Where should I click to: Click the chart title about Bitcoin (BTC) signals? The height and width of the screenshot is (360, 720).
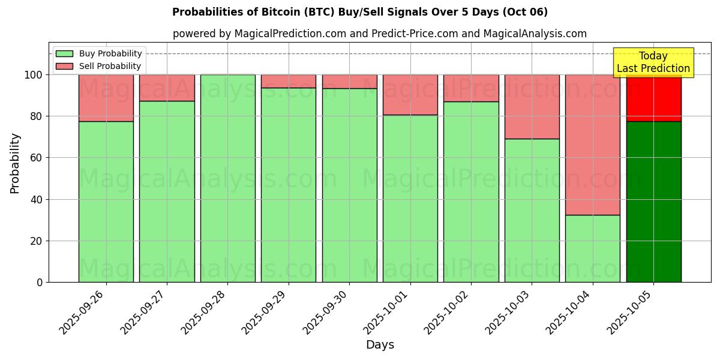point(359,12)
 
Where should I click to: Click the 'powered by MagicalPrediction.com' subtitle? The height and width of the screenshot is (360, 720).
point(379,34)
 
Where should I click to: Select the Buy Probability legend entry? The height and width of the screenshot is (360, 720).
point(110,53)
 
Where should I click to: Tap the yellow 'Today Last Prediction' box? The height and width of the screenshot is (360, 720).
point(653,62)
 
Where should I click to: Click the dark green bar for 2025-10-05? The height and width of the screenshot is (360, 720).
point(653,202)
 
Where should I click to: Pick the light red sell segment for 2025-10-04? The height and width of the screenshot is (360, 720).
point(592,145)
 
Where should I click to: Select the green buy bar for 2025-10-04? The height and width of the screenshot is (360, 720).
point(592,248)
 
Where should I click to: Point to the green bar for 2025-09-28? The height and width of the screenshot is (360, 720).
point(228,178)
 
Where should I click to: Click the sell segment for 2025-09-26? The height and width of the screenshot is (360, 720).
point(106,98)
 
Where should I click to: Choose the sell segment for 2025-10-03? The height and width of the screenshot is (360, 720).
point(532,107)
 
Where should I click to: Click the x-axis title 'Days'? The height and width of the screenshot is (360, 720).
point(380,345)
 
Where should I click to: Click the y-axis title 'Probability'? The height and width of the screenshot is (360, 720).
point(15,163)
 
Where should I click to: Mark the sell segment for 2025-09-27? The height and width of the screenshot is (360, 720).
point(167,88)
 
